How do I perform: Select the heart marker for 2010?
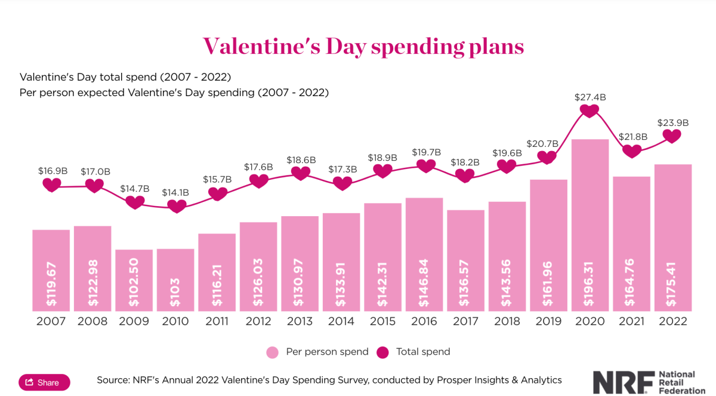pos(177,206)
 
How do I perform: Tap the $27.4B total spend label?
pos(589,96)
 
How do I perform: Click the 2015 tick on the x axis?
pos(382,321)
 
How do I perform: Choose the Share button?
pos(44,382)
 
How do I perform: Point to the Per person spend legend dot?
pos(272,352)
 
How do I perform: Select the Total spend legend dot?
pos(382,352)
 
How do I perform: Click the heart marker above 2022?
pos(672,136)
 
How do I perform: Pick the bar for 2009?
pos(134,280)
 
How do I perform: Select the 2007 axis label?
pos(51,321)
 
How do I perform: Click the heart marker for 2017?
pos(465,176)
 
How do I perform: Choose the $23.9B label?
pos(673,123)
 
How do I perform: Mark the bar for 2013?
pos(300,263)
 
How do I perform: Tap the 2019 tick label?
pos(548,321)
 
